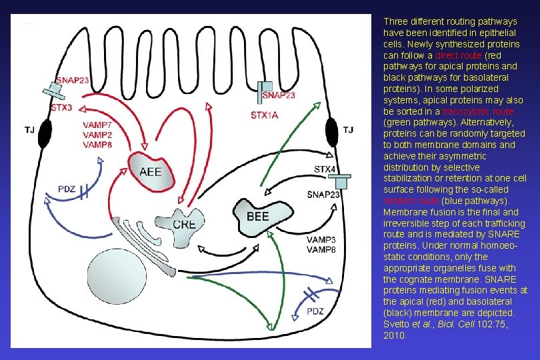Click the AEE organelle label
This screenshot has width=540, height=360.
(x=150, y=171)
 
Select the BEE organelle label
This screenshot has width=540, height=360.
(x=258, y=216)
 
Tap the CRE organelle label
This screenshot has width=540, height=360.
(x=184, y=224)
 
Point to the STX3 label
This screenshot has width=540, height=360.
(x=61, y=107)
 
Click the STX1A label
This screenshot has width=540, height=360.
(x=265, y=115)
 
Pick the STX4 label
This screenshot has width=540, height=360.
(x=325, y=169)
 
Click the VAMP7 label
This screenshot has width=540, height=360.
(x=98, y=125)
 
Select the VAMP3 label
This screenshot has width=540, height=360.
(x=319, y=239)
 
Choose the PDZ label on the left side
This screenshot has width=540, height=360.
(x=66, y=190)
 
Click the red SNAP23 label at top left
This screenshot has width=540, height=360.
(x=73, y=80)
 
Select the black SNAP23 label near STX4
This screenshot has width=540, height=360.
(x=323, y=195)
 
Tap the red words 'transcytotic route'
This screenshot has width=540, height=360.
(x=478, y=111)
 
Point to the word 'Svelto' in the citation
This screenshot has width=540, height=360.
(x=396, y=325)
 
